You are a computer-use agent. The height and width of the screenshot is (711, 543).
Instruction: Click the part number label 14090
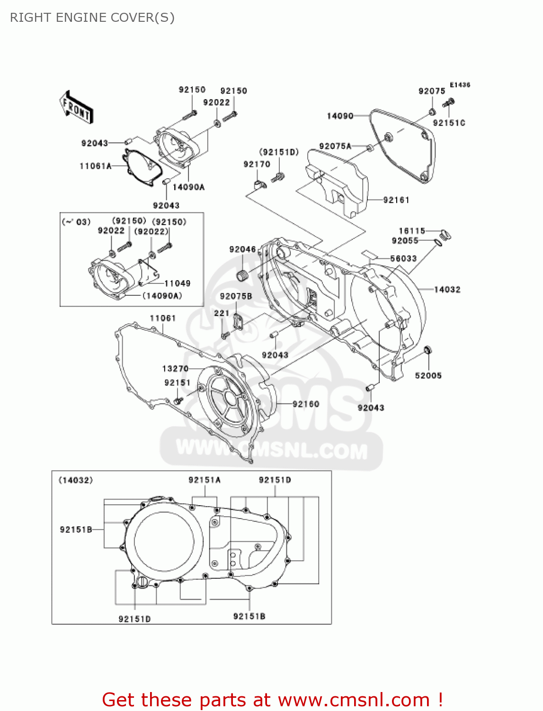(340, 116)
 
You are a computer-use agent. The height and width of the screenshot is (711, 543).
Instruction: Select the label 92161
(396, 200)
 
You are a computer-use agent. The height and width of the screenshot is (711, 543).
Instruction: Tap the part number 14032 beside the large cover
(447, 289)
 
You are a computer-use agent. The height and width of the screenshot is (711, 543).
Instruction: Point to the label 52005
(428, 375)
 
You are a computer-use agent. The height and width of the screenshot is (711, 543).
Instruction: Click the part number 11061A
(95, 166)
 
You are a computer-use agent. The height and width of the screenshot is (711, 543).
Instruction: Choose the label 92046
(242, 249)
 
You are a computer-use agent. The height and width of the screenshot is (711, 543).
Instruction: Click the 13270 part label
(175, 368)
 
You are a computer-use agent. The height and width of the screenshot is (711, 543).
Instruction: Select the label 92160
(306, 404)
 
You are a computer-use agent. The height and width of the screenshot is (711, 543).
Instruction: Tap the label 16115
(412, 231)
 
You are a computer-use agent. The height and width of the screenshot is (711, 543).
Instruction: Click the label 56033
(403, 258)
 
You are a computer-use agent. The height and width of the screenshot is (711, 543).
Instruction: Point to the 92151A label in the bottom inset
(205, 480)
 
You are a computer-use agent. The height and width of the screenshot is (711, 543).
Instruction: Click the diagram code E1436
(460, 85)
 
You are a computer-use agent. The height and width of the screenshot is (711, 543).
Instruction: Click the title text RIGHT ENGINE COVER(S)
(92, 18)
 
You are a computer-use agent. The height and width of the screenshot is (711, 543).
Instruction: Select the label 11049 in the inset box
(177, 283)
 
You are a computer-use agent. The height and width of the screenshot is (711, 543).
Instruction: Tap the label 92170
(257, 164)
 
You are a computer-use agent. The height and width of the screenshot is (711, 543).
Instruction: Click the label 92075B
(236, 296)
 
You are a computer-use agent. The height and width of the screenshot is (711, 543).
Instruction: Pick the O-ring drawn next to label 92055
(438, 243)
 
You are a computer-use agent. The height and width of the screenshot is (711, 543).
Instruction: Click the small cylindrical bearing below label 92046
(243, 275)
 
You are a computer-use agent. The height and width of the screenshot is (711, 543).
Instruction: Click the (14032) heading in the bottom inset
(76, 480)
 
